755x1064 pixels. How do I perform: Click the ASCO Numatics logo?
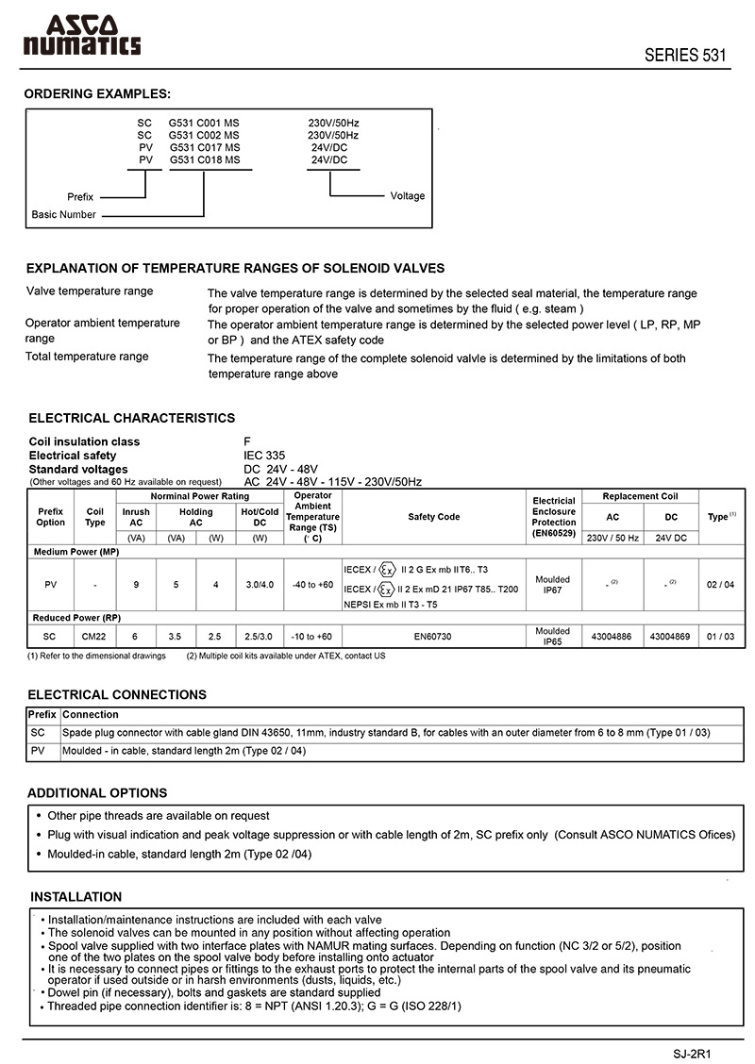(x=82, y=35)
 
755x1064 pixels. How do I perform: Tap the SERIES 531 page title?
(x=685, y=55)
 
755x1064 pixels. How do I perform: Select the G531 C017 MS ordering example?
(x=205, y=147)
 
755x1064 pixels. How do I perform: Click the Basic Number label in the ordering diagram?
(x=63, y=214)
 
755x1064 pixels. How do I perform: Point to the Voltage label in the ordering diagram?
(x=408, y=196)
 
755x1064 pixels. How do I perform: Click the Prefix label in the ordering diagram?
(x=80, y=196)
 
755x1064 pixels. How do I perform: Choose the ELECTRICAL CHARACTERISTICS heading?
(x=132, y=418)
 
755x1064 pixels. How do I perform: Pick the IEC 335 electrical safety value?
(x=264, y=455)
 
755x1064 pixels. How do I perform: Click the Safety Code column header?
(x=434, y=517)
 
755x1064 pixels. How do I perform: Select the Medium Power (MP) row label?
(x=75, y=551)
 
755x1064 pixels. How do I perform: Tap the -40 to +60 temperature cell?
(x=312, y=585)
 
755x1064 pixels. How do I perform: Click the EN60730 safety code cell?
(x=433, y=637)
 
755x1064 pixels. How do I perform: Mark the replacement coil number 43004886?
(x=612, y=637)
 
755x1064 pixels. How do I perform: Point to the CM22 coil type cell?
(x=94, y=637)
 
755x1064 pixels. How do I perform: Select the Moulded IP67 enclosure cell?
(x=552, y=585)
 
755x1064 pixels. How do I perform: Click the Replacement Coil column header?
(x=641, y=496)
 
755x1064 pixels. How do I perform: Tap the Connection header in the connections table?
(x=91, y=715)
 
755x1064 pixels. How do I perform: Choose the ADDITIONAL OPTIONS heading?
(x=97, y=793)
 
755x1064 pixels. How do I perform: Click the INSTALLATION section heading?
(x=76, y=897)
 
